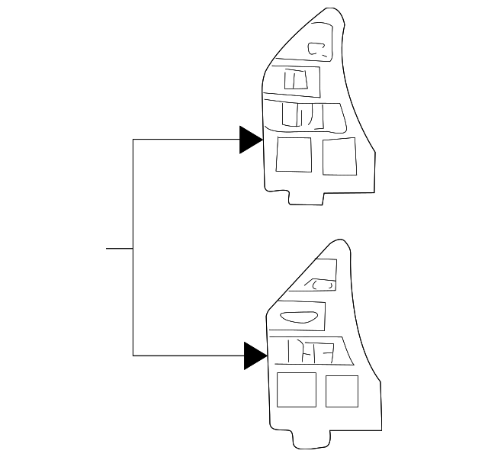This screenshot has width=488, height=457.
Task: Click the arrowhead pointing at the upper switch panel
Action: point(250,140)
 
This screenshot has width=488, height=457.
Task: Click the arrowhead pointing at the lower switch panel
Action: point(254,355)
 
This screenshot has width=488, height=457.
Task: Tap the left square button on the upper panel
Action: point(294,156)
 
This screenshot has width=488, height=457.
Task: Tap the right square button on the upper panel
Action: point(340,157)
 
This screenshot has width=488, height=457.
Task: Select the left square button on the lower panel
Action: point(296,389)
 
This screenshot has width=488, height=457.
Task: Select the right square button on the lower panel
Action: point(342,391)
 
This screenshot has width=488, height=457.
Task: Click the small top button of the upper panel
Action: point(317,50)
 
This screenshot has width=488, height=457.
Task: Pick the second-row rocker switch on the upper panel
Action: point(296,80)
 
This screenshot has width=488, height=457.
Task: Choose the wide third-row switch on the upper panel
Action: point(303,114)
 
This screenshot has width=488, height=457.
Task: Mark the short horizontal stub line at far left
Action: point(119,248)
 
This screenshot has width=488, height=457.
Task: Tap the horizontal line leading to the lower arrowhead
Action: point(188,355)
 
